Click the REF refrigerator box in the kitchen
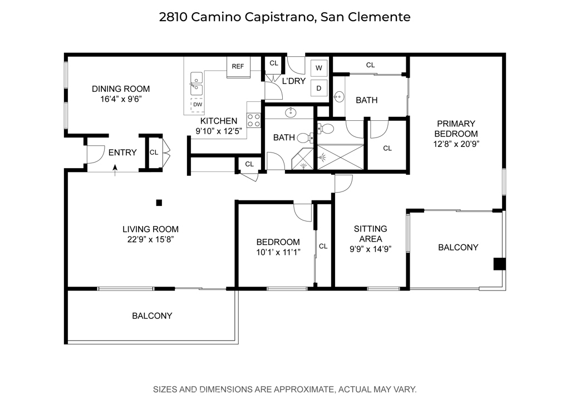(238, 66)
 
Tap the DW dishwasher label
(198, 104)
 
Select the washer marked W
(319, 68)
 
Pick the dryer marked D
(319, 87)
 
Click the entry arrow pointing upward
(115, 168)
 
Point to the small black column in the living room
(159, 203)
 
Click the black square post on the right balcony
(499, 264)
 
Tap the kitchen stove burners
(254, 120)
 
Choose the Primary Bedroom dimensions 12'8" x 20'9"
(456, 144)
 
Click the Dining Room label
(121, 89)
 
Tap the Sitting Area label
(370, 234)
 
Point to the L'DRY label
(294, 81)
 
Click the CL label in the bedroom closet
(323, 246)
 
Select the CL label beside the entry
(154, 152)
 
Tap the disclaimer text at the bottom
(284, 389)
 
